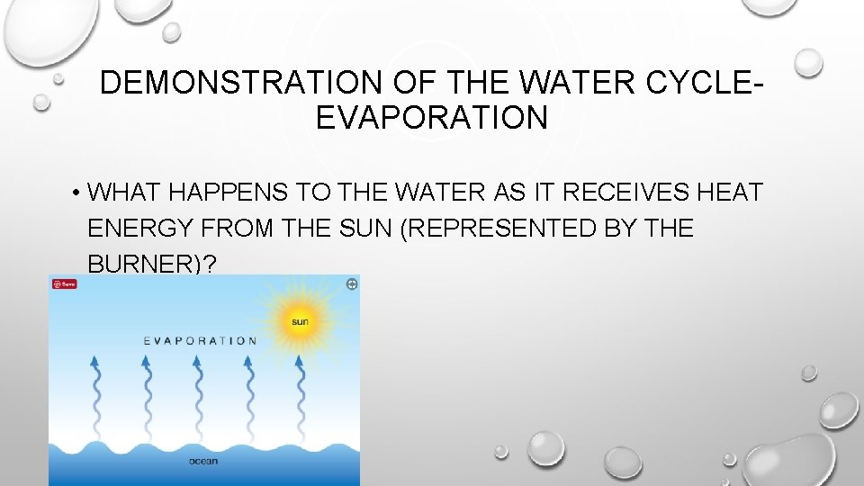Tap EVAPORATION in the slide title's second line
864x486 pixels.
[432, 118]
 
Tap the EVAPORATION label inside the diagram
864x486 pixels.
[200, 341]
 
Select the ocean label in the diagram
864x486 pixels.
[203, 462]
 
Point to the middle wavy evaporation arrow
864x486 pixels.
[196, 396]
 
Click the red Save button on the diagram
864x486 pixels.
[64, 283]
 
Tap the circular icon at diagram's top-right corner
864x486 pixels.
[351, 283]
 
